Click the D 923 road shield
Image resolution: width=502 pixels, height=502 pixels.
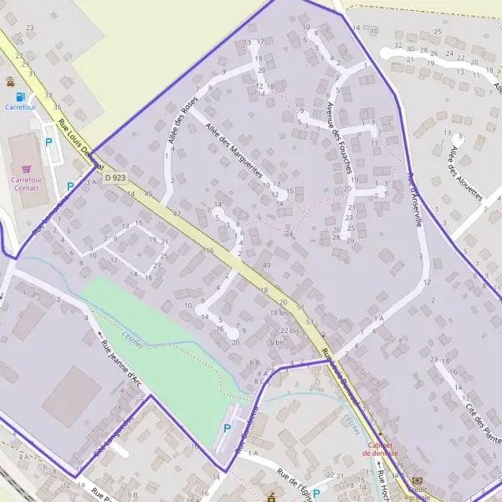116,177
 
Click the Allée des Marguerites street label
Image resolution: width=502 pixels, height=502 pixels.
234,151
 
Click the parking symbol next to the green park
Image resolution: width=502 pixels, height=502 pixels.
228,428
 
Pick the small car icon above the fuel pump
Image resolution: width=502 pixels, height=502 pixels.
9,82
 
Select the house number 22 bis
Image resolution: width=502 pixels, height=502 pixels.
289,330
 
